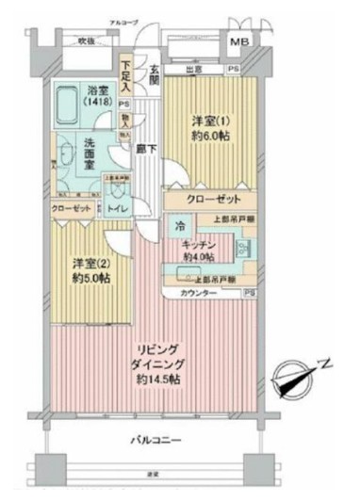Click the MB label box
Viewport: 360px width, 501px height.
(x=240, y=42)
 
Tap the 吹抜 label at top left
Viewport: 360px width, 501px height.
(x=86, y=41)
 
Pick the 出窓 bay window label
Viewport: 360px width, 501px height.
(x=196, y=69)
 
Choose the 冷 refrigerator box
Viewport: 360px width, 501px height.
(x=178, y=227)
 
